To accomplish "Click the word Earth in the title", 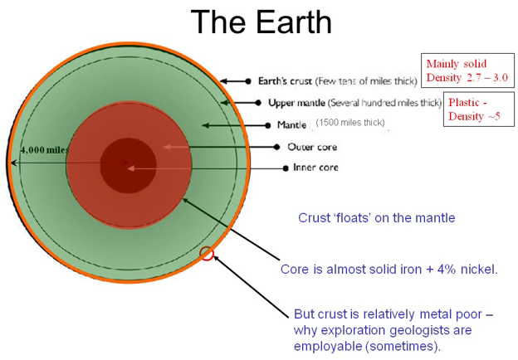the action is click(x=294, y=22).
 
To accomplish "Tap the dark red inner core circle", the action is click(x=128, y=165).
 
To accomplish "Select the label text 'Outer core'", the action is click(x=312, y=147).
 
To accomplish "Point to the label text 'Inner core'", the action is click(x=315, y=168).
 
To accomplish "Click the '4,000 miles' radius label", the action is click(x=44, y=150).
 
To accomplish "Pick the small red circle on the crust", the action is click(x=207, y=254).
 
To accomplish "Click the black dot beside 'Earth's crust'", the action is click(x=248, y=81).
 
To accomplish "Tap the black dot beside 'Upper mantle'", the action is click(x=258, y=103).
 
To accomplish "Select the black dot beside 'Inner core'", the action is click(x=286, y=168).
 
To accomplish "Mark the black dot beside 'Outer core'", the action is click(x=276, y=147).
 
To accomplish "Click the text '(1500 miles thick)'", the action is click(x=350, y=123).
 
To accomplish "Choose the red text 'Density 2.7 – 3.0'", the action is click(x=467, y=77).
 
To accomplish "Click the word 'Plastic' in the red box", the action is click(x=463, y=103).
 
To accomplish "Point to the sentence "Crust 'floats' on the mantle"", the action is click(x=377, y=218).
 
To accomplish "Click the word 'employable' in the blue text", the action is click(x=328, y=346).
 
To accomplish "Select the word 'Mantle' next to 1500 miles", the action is click(x=291, y=124).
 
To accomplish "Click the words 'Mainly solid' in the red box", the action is click(x=457, y=63).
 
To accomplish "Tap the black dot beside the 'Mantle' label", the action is click(x=268, y=125).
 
